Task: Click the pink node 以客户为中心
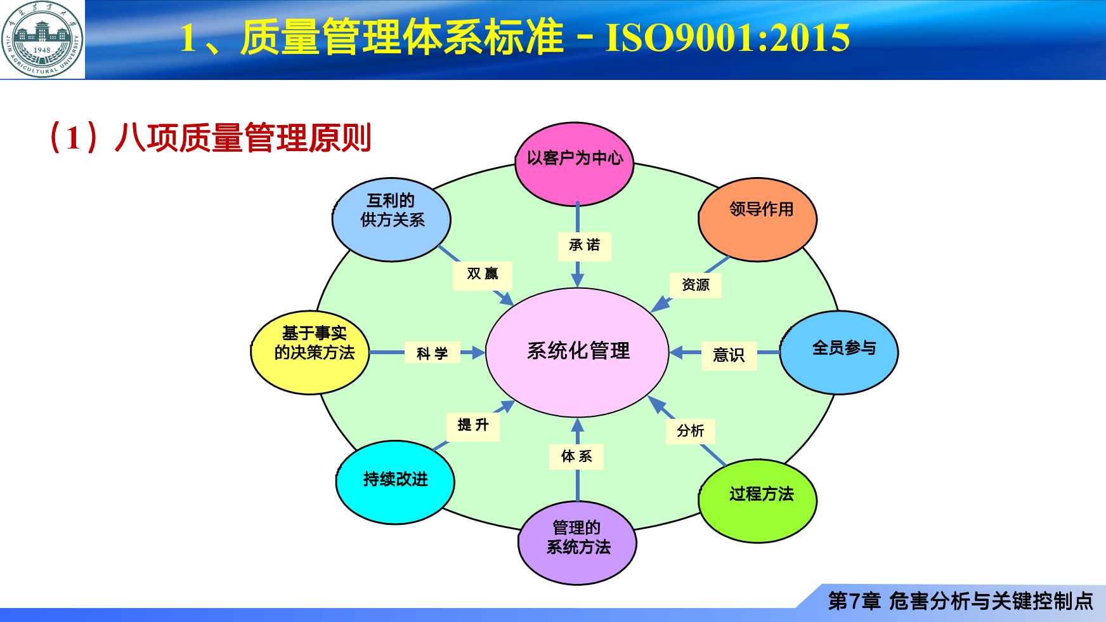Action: click(x=575, y=164)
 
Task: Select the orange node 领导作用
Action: click(x=758, y=219)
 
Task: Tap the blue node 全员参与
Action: click(x=839, y=352)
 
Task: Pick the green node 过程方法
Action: click(x=758, y=500)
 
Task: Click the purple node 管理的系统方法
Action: click(x=577, y=542)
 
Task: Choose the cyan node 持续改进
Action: click(x=395, y=482)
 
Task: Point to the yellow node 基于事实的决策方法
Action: click(x=311, y=352)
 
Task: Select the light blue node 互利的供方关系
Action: click(x=391, y=219)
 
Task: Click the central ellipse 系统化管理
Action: click(x=577, y=352)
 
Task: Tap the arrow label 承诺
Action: click(x=584, y=246)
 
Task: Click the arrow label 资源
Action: click(x=696, y=285)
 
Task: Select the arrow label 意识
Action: click(x=729, y=355)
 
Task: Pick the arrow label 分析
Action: click(x=691, y=431)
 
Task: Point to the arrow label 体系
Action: click(x=576, y=456)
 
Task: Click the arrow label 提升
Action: click(x=473, y=425)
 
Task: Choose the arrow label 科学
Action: click(x=432, y=353)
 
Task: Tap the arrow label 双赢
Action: click(x=482, y=274)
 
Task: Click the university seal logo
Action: click(x=42, y=39)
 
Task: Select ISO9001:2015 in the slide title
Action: click(x=727, y=38)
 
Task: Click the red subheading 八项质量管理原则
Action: click(x=243, y=138)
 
